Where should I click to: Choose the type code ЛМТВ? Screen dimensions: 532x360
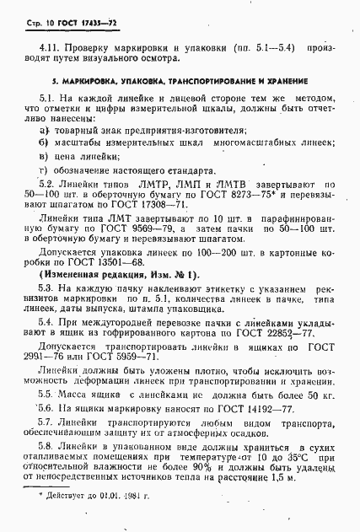(233, 183)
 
